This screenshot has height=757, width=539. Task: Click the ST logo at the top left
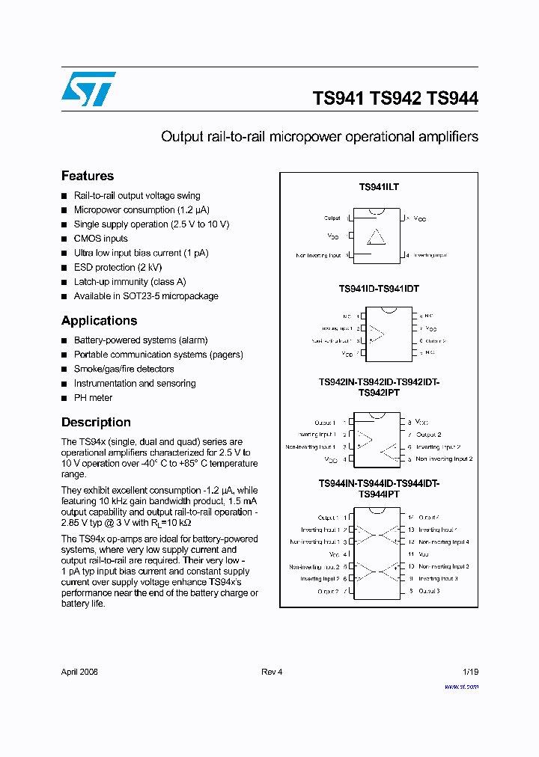[x=88, y=89]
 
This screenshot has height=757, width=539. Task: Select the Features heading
[x=88, y=176]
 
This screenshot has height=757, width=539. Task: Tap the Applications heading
[x=99, y=320]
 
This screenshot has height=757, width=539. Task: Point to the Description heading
[x=96, y=422]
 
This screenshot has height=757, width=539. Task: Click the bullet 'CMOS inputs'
[x=100, y=239]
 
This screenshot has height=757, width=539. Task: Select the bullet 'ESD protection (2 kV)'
[x=118, y=267]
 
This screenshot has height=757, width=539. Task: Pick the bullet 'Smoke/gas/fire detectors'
[x=124, y=369]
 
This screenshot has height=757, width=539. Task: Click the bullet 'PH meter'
[x=93, y=398]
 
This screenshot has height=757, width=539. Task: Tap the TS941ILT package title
[x=379, y=187]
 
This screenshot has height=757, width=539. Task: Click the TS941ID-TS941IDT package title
[x=379, y=288]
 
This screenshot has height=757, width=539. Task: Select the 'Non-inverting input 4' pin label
[x=444, y=542]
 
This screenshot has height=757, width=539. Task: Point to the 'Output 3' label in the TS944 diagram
[x=429, y=591]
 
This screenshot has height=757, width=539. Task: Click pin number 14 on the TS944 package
[x=410, y=517]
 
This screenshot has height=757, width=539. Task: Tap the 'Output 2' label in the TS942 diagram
[x=429, y=435]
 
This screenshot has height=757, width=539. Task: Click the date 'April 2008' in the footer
[x=79, y=672]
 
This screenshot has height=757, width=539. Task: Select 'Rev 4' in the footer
[x=272, y=672]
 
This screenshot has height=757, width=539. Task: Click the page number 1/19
[x=470, y=672]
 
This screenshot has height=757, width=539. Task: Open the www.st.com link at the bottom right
[x=461, y=686]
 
